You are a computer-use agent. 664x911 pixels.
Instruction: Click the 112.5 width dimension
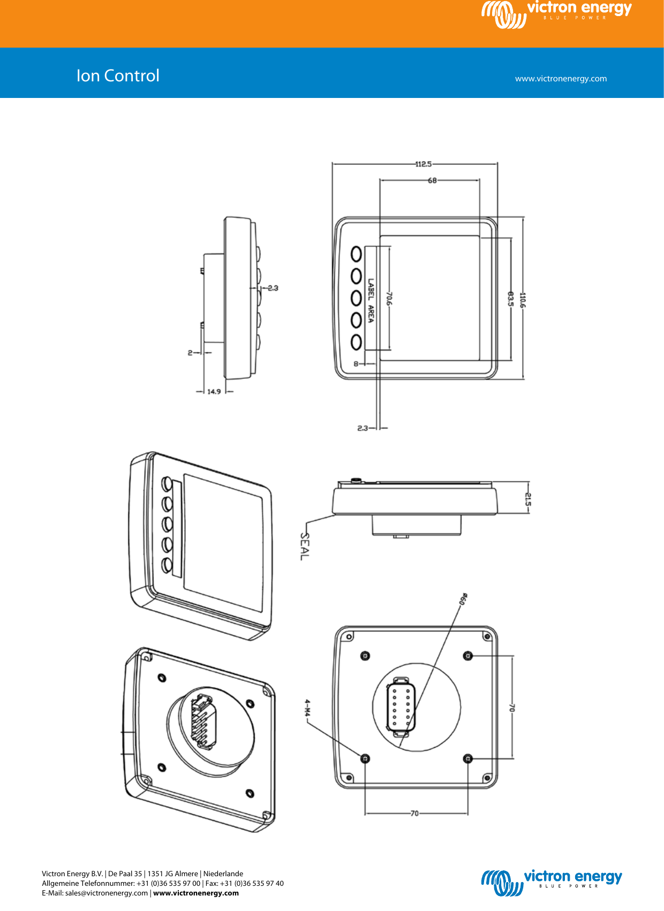pyautogui.click(x=423, y=164)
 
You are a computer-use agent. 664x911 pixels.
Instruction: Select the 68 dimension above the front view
pyautogui.click(x=432, y=181)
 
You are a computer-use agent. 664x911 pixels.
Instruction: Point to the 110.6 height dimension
pyautogui.click(x=523, y=300)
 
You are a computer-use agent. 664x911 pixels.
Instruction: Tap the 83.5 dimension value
pyautogui.click(x=510, y=299)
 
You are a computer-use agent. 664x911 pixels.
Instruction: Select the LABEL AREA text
pyautogui.click(x=371, y=300)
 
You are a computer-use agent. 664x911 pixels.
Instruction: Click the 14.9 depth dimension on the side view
pyautogui.click(x=214, y=392)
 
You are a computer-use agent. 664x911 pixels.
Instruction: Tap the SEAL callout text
pyautogui.click(x=304, y=546)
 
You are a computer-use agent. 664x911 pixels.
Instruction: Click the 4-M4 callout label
pyautogui.click(x=307, y=708)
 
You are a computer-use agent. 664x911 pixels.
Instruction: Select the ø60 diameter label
pyautogui.click(x=464, y=599)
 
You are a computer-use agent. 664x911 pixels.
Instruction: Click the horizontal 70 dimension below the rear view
pyautogui.click(x=414, y=814)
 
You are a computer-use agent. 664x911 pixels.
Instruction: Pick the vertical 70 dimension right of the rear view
pyautogui.click(x=511, y=708)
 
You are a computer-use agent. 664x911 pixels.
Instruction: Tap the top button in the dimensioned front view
pyautogui.click(x=356, y=254)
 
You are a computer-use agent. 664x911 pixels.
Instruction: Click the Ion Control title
pyautogui.click(x=118, y=75)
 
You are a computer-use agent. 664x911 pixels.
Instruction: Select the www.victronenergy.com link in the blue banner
pyautogui.click(x=561, y=79)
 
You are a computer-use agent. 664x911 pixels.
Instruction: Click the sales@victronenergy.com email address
pyautogui.click(x=107, y=893)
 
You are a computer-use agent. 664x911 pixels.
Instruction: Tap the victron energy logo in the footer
pyautogui.click(x=552, y=882)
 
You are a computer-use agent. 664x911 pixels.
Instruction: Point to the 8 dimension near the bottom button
pyautogui.click(x=356, y=364)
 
